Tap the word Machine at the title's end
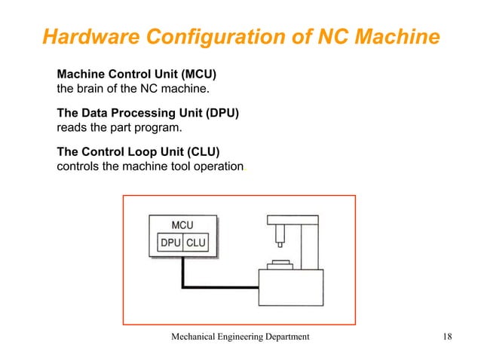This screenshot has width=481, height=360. point(392,35)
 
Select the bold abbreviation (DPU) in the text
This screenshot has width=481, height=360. point(216,114)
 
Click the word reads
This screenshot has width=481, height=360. point(73,127)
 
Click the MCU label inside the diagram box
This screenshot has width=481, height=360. point(182,225)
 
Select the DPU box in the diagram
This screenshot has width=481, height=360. point(169,243)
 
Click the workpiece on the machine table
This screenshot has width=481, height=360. point(280,263)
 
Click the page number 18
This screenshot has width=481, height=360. point(446,337)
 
